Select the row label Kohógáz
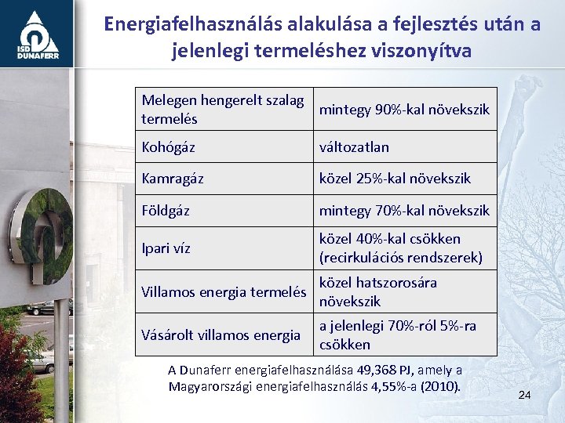(x=168, y=147)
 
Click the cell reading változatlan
(x=354, y=147)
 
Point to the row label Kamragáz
(x=172, y=179)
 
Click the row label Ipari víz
(x=166, y=248)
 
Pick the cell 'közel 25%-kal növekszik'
(x=394, y=179)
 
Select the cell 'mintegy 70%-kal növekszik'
(x=403, y=211)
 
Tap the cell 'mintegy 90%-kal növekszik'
(x=403, y=109)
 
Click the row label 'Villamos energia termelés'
(x=223, y=292)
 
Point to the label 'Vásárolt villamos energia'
(x=221, y=335)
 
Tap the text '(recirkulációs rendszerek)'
(x=400, y=258)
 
